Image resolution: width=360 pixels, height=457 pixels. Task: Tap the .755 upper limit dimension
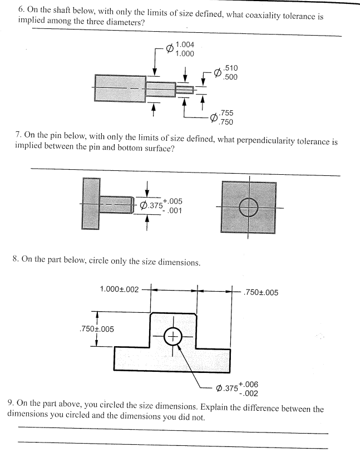(x=226, y=113)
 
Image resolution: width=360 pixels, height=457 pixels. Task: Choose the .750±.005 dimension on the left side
(x=96, y=328)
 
